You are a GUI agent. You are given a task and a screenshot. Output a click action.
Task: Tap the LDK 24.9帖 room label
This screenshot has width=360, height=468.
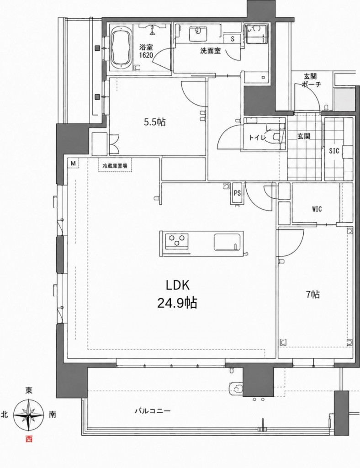coord(177,294)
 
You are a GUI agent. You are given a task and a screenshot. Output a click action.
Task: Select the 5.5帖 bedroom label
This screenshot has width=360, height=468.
coord(155,122)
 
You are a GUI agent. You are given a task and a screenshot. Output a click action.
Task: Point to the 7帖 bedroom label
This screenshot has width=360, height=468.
coord(313,295)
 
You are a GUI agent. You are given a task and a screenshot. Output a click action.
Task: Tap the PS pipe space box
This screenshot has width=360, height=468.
coord(237,193)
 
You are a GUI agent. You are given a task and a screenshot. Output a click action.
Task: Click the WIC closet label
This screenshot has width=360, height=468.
coord(317,209)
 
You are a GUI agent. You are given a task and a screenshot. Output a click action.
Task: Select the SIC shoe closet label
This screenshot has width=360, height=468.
coord(334,151)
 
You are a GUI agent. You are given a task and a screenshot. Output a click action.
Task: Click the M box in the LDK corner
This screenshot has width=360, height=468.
coord(73,163)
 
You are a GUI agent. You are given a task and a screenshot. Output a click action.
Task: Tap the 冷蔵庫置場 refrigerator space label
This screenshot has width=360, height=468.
coord(115,166)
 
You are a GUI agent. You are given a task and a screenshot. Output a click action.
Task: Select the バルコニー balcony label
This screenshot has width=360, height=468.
coord(153,411)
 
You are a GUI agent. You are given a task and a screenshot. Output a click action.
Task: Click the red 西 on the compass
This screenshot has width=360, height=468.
coord(29,439)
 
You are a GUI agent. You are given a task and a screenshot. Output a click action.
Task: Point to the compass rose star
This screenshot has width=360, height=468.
coord(29,415)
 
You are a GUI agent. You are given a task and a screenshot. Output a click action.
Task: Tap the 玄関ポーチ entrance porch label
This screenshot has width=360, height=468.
coord(311,80)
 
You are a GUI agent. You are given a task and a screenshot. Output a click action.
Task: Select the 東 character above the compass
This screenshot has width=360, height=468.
coord(29,390)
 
